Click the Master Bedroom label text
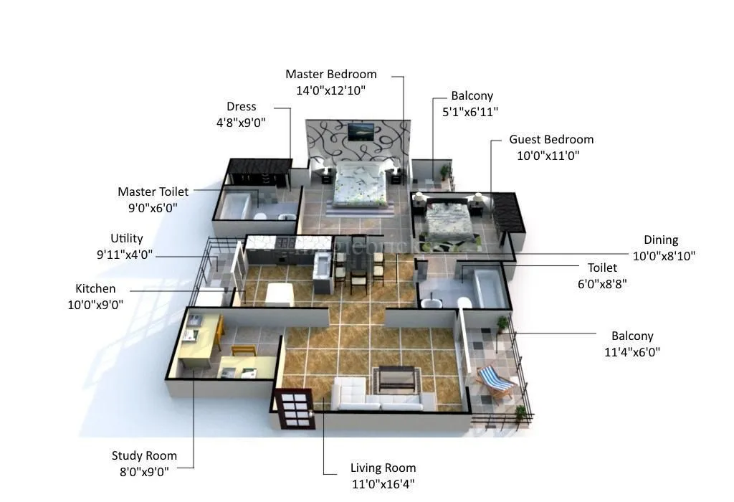pyautogui.click(x=330, y=74)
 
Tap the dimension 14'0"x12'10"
pyautogui.click(x=330, y=90)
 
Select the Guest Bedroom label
pyautogui.click(x=551, y=139)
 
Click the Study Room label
pyautogui.click(x=144, y=455)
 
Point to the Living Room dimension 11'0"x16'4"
pyautogui.click(x=382, y=484)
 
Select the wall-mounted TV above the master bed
pyautogui.click(x=361, y=132)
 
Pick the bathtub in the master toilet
pyautogui.click(x=236, y=206)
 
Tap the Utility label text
pyautogui.click(x=127, y=238)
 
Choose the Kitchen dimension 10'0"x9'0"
pyautogui.click(x=95, y=304)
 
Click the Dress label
pyautogui.click(x=241, y=106)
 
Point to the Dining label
pyautogui.click(x=660, y=240)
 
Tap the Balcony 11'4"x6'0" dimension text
pyautogui.click(x=632, y=351)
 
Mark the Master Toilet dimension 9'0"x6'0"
pyautogui.click(x=153, y=207)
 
